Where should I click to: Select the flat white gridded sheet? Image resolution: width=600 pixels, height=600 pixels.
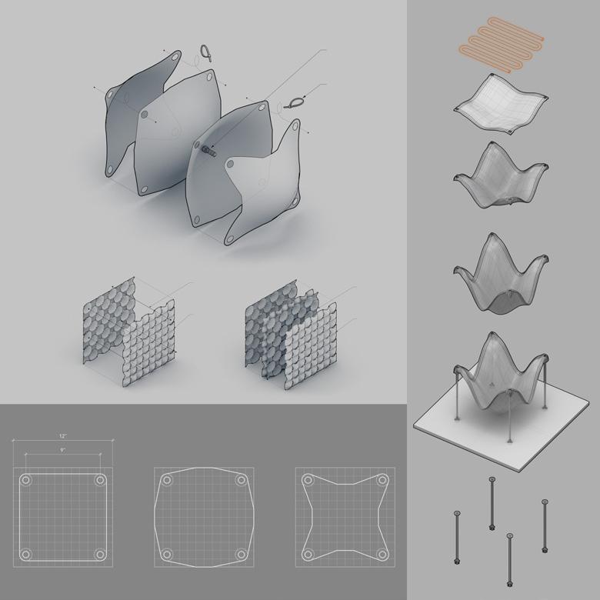click(502, 104)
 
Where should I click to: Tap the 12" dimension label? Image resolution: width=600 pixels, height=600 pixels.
click(63, 436)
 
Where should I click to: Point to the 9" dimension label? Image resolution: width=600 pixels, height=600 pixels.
click(63, 450)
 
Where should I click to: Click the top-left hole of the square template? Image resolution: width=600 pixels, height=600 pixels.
click(25, 480)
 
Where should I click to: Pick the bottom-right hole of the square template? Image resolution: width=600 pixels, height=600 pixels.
click(100, 554)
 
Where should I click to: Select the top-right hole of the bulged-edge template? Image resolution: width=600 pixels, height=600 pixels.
click(241, 480)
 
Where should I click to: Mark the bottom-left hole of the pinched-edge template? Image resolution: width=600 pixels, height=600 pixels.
click(308, 554)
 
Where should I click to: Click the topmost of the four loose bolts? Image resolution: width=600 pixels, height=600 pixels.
click(492, 504)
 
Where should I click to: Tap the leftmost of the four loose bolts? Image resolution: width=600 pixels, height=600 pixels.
click(457, 537)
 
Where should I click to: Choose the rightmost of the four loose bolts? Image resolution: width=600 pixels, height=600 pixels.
click(545, 525)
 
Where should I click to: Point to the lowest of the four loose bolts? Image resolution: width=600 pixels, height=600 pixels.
click(509, 560)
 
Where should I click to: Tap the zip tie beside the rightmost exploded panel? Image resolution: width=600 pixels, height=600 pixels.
click(295, 102)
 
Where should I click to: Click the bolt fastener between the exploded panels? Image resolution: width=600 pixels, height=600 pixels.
click(208, 150)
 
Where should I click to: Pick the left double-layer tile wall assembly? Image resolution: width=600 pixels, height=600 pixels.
click(129, 332)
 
